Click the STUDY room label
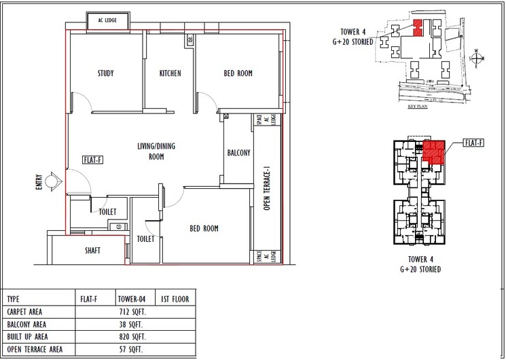pyautogui.click(x=105, y=73)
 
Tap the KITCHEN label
pyautogui.click(x=170, y=73)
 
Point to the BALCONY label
pyautogui.click(x=239, y=153)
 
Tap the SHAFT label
pyautogui.click(x=93, y=251)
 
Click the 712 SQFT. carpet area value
pyautogui.click(x=133, y=312)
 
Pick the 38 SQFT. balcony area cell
pyautogui.click(x=133, y=324)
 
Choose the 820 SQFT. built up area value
pyautogui.click(x=133, y=337)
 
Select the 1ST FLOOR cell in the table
pyautogui.click(x=175, y=299)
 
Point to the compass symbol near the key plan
pyautogui.click(x=478, y=59)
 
